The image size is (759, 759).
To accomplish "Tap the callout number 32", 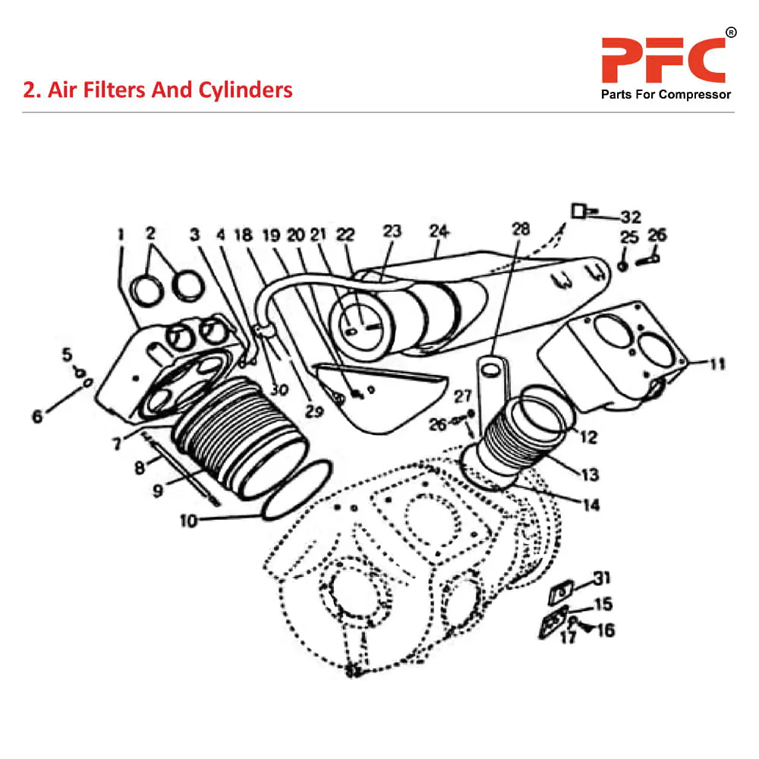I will [x=631, y=216].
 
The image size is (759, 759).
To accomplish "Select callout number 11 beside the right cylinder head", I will [x=717, y=364].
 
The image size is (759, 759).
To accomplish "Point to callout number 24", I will [x=439, y=230].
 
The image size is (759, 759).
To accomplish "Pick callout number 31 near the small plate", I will [x=601, y=578].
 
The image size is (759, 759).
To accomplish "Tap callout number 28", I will [x=521, y=229].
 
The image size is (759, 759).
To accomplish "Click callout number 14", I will [x=591, y=504].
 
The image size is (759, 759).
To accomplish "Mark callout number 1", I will [x=120, y=235].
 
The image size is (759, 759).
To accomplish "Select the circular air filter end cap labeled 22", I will [x=361, y=326].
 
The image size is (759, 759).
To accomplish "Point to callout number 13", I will [x=591, y=474].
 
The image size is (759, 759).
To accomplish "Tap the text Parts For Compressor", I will [x=666, y=95].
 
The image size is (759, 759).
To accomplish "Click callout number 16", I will [x=606, y=630].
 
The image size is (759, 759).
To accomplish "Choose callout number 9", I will [x=158, y=491].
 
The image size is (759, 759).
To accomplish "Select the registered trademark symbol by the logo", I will [x=731, y=33].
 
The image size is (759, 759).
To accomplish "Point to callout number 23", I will [x=392, y=231].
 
